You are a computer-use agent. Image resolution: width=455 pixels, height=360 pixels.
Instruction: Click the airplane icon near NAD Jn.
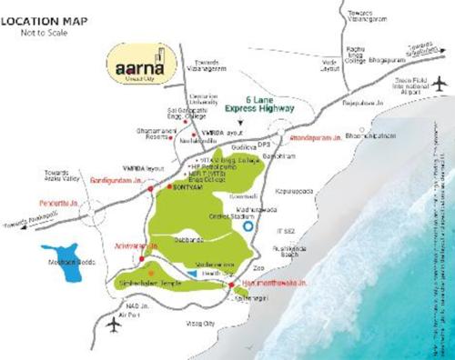click(112, 323)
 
